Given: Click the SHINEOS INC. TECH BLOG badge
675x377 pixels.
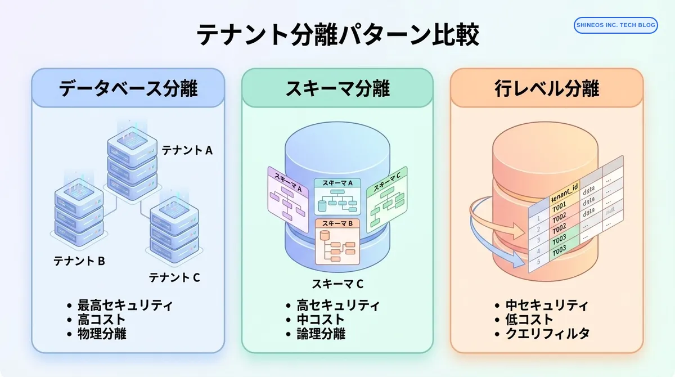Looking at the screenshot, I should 615,25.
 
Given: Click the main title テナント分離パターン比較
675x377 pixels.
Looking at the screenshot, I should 337,35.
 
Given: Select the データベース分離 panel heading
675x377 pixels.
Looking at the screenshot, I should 128,88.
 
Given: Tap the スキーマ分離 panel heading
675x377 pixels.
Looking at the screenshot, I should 337,88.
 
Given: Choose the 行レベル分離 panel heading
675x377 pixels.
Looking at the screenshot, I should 547,88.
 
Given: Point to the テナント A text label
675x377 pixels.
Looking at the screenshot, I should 187,150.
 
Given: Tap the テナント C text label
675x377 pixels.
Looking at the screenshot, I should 174,277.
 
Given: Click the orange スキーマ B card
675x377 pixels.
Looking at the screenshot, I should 337,242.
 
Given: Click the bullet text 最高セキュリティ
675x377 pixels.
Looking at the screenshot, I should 125,306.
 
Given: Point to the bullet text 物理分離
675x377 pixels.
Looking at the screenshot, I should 102,334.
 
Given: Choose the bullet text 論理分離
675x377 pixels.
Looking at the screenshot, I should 321,334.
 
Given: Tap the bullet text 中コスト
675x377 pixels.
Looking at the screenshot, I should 321,320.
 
